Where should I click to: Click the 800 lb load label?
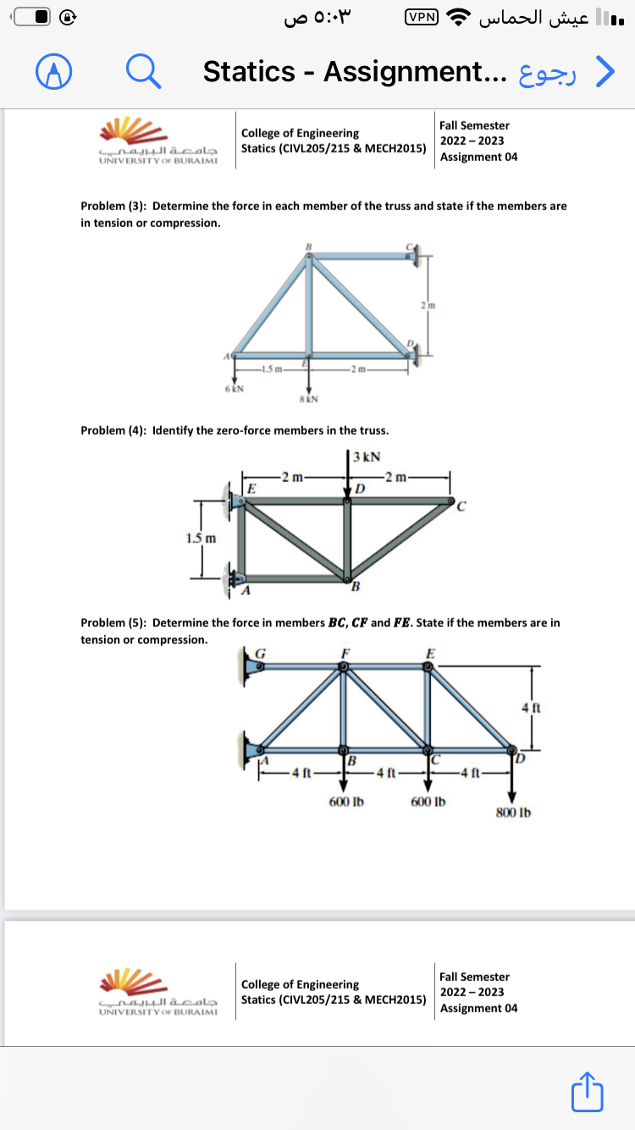(513, 813)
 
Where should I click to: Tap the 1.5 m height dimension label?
(201, 538)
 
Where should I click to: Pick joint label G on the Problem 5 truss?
(261, 652)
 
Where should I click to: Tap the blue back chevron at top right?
(605, 72)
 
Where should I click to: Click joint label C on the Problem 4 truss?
(461, 508)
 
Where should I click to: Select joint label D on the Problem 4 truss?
(360, 489)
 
